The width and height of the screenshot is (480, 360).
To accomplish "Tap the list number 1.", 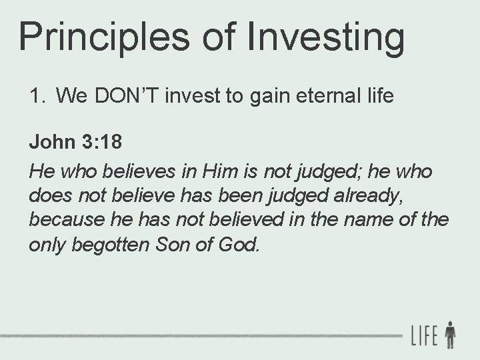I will click(36, 97).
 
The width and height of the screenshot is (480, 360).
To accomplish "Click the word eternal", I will click(326, 97).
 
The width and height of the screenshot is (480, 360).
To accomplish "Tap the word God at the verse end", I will click(239, 245).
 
